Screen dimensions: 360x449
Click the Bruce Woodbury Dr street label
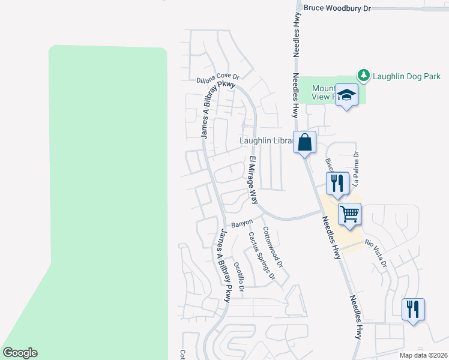click(337, 8)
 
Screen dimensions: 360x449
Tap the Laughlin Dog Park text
click(407, 76)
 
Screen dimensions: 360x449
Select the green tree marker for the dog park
click(363, 75)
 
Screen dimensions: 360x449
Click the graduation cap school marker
click(347, 95)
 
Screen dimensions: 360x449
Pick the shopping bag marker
click(304, 142)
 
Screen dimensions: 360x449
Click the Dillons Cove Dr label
click(218, 79)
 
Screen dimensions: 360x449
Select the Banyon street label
click(243, 223)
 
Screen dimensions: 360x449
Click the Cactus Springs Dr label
click(261, 256)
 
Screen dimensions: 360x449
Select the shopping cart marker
click(349, 213)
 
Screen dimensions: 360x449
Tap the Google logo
click(20, 353)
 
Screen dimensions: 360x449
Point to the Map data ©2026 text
click(423, 355)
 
